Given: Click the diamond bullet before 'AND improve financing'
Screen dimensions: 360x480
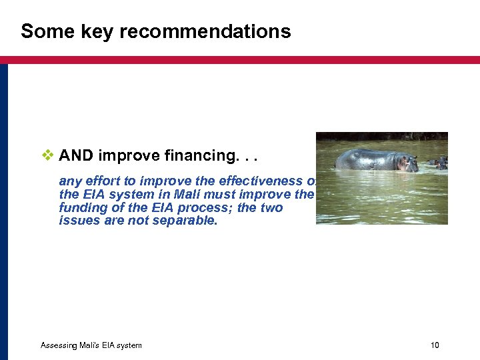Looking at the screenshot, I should tap(47, 155).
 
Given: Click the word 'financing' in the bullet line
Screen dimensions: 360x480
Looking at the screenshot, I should tap(196, 156).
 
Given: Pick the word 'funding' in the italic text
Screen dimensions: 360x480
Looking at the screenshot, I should tap(80, 208).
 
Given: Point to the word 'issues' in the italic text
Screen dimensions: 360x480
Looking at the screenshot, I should tap(76, 221).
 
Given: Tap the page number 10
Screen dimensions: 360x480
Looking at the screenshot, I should tap(435, 345).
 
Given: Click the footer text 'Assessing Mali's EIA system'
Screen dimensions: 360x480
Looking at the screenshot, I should tap(91, 345).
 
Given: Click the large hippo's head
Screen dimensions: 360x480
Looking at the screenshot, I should tap(406, 163).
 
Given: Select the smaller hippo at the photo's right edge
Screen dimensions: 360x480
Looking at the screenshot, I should tap(439, 162).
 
